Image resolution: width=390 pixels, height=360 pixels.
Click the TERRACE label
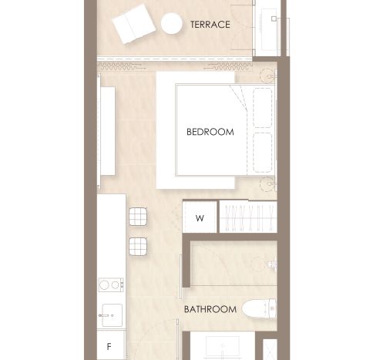pyautogui.click(x=210, y=25)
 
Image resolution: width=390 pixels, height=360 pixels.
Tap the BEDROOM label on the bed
pyautogui.click(x=210, y=132)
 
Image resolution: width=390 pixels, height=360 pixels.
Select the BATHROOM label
pyautogui.click(x=210, y=309)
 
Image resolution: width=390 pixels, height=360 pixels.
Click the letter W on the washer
pyautogui.click(x=200, y=218)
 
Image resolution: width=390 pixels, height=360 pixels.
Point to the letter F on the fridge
pyautogui.click(x=109, y=347)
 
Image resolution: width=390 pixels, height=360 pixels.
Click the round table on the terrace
pyautogui.click(x=172, y=23)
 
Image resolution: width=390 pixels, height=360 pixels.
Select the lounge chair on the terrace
pyautogui.click(x=134, y=24)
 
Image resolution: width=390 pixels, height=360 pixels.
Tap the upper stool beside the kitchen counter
pyautogui.click(x=138, y=217)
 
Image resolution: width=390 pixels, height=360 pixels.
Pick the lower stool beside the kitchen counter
pyautogui.click(x=138, y=247)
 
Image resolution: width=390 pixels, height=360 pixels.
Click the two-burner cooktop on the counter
pyautogui.click(x=111, y=284)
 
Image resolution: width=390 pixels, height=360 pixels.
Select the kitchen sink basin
pyautogui.click(x=112, y=315)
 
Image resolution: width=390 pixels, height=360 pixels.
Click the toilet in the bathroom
pyautogui.click(x=259, y=308)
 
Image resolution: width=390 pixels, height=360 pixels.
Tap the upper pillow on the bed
pyautogui.click(x=263, y=108)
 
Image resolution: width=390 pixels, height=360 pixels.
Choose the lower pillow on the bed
pyautogui.click(x=263, y=153)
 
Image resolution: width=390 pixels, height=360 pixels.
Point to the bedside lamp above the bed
pyautogui.click(x=268, y=76)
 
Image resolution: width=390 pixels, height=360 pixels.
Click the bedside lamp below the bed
pyautogui.click(x=268, y=184)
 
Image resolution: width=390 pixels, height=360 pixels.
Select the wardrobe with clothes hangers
pyautogui.click(x=248, y=217)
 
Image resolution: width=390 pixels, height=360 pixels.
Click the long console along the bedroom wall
pyautogui.click(x=108, y=131)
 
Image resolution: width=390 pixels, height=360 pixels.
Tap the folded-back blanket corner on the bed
pyautogui.click(x=238, y=98)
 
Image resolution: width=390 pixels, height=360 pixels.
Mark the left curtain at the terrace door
pyautogui.click(x=121, y=66)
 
